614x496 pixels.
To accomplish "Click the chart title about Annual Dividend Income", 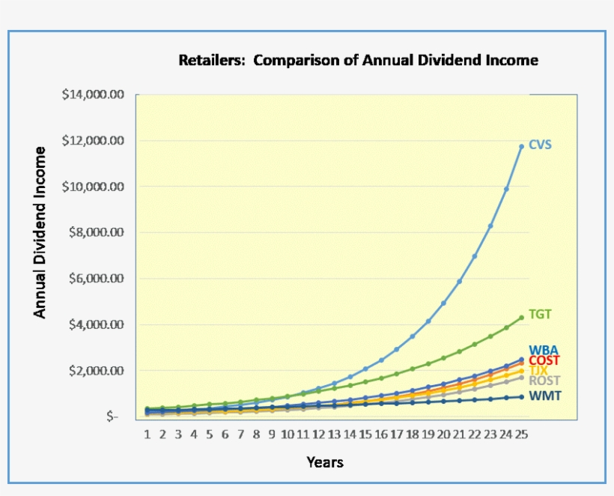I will [x=358, y=60].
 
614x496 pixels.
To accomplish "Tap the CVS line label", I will [x=540, y=145].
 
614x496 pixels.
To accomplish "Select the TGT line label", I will [x=540, y=315].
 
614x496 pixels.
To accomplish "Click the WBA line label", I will [x=543, y=351].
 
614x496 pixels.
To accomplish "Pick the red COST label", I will [x=544, y=360].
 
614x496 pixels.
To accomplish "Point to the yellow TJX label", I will [x=539, y=370].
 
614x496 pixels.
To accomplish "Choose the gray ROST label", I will [x=542, y=381].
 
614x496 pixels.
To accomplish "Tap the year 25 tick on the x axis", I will [x=521, y=434].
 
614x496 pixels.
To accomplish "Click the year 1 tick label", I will [x=147, y=434].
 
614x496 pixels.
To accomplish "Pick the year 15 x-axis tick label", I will [x=365, y=434].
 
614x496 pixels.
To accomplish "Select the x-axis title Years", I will [x=325, y=462].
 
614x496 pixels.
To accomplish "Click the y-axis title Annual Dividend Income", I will [x=40, y=232].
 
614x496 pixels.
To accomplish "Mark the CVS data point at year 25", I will [x=522, y=146].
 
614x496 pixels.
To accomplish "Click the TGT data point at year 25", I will [x=522, y=318].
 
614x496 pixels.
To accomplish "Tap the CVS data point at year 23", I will [x=490, y=226].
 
